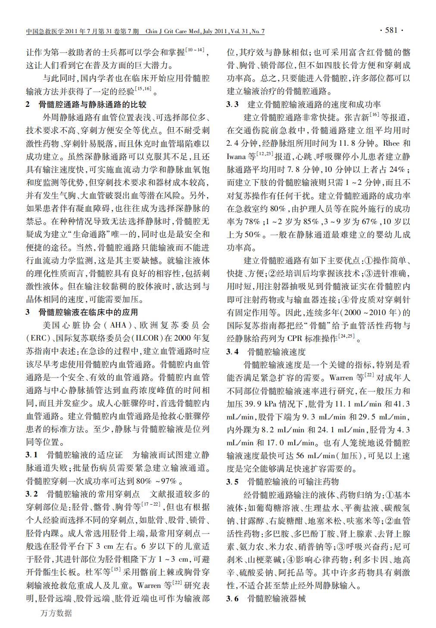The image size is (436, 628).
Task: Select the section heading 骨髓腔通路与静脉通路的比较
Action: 92,104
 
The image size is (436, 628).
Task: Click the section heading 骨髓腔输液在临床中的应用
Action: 88,312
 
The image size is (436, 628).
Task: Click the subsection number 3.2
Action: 32,494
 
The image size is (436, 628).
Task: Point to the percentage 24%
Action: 394,169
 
